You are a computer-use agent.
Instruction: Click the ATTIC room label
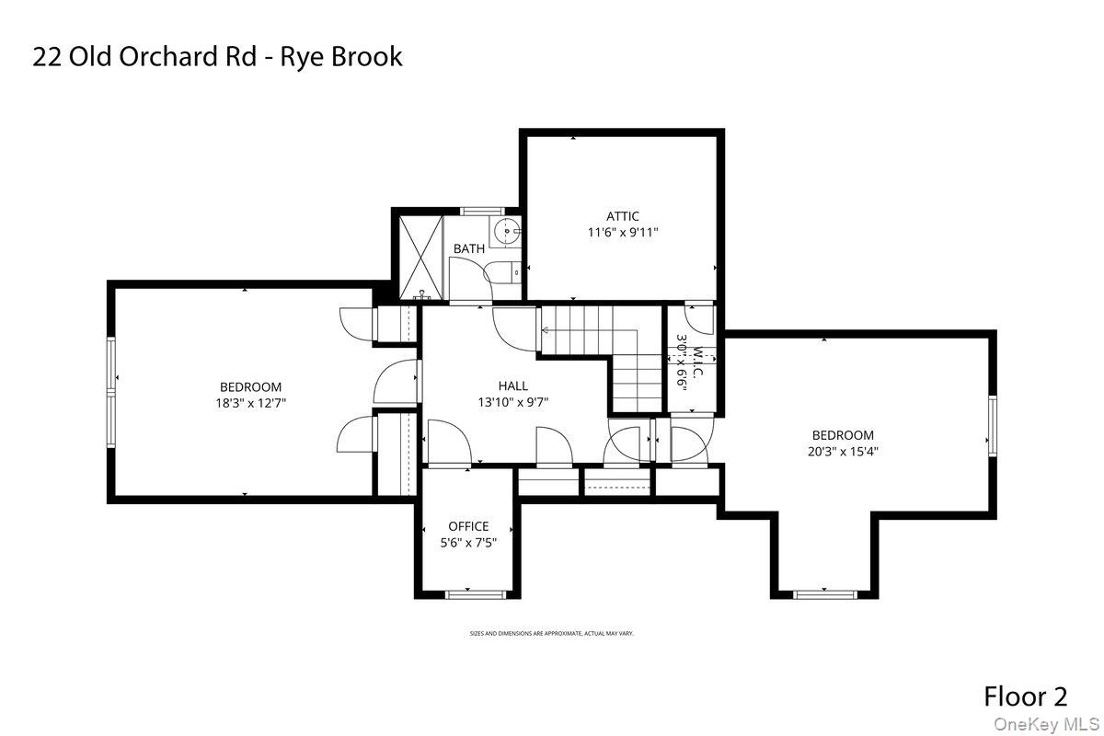pyautogui.click(x=622, y=216)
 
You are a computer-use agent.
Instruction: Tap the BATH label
pyautogui.click(x=469, y=248)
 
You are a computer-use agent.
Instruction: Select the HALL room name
pyautogui.click(x=513, y=386)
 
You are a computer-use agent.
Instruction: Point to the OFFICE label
pyautogui.click(x=468, y=526)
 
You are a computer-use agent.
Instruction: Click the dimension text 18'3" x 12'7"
pyautogui.click(x=250, y=403)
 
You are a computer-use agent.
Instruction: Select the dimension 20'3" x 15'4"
pyautogui.click(x=843, y=451)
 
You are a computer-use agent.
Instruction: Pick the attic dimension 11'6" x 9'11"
pyautogui.click(x=623, y=233)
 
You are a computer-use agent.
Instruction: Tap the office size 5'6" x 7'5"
pyautogui.click(x=468, y=543)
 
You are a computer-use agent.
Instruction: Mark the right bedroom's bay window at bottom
pyautogui.click(x=823, y=594)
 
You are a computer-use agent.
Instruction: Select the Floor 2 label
pyautogui.click(x=1026, y=696)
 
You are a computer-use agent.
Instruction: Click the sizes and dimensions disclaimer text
pyautogui.click(x=552, y=634)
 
